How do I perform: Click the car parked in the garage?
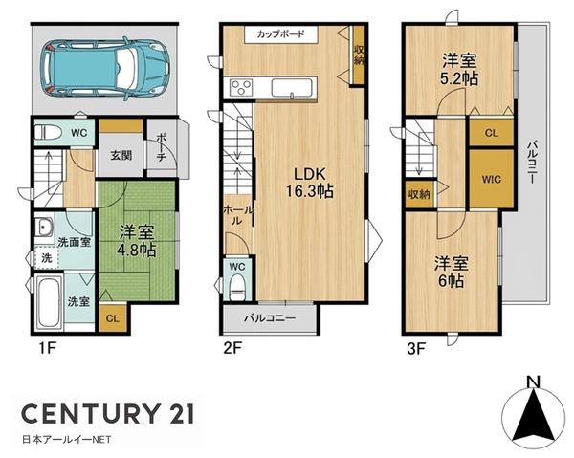coord(107,69)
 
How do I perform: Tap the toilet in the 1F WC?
coord(49,132)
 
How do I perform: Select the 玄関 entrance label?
coord(121,156)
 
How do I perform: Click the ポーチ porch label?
coord(161,148)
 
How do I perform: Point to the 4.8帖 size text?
coord(137,251)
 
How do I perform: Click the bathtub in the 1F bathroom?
coord(50,302)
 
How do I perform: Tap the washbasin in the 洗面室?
coord(45,228)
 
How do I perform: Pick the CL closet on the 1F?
coord(112,317)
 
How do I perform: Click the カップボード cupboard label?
coord(280,34)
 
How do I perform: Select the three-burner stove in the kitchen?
coord(241,87)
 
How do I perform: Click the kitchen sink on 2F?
coord(293,88)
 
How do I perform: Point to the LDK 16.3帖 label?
coord(310,183)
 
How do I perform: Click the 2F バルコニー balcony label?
coord(270,317)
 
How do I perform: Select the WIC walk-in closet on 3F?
coord(492,179)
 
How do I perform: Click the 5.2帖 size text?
coord(459,79)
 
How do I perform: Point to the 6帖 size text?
coord(451,280)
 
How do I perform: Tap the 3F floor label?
coord(416,349)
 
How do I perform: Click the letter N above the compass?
coord(534,382)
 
